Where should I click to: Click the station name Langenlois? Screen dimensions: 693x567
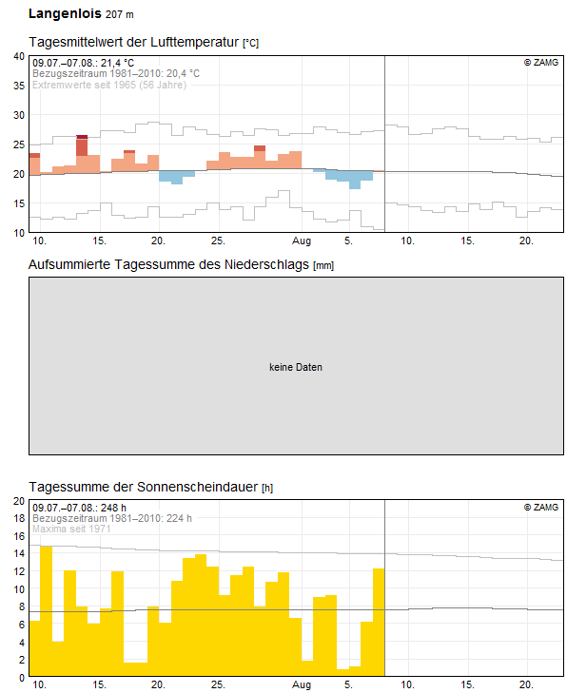(65, 13)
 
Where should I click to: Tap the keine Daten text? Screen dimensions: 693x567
(295, 367)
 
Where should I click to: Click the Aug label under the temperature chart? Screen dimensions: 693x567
(302, 241)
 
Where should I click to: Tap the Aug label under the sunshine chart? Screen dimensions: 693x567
(302, 685)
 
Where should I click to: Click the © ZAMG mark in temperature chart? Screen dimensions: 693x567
(540, 63)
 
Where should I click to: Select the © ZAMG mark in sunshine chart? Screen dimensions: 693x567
(540, 508)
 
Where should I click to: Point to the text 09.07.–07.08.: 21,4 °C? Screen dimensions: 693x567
(84, 63)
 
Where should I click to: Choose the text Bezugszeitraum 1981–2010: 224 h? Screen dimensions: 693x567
(111, 518)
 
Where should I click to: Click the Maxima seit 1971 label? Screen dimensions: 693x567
(71, 529)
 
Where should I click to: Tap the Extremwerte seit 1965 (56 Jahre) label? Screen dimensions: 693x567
(109, 84)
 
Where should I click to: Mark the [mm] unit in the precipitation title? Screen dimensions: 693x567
(323, 265)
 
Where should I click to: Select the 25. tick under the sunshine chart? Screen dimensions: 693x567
(218, 685)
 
